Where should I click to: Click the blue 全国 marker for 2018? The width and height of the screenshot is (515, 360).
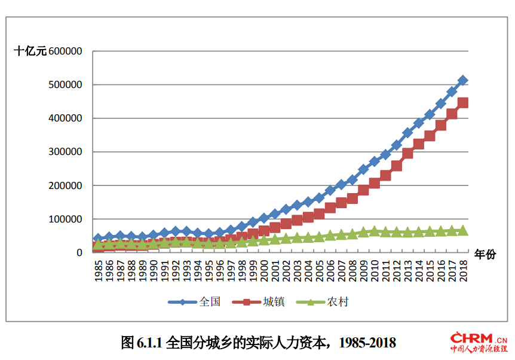coord(462,80)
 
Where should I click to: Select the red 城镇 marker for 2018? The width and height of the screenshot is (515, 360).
coord(462,103)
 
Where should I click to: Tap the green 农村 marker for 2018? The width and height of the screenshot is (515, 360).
coord(462,230)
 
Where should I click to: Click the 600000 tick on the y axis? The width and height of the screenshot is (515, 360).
coord(66,51)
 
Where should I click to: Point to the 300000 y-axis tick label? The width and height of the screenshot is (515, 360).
coord(66,152)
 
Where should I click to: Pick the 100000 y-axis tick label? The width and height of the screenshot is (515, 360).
coord(66,219)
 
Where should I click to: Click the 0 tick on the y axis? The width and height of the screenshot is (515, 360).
coord(79,253)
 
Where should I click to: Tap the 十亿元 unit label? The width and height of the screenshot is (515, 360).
coord(30,51)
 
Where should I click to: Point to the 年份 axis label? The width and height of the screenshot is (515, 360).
coord(485,254)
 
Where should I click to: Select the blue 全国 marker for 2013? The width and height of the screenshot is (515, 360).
coord(407,133)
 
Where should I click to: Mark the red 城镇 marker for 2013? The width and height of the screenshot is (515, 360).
coord(407,154)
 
